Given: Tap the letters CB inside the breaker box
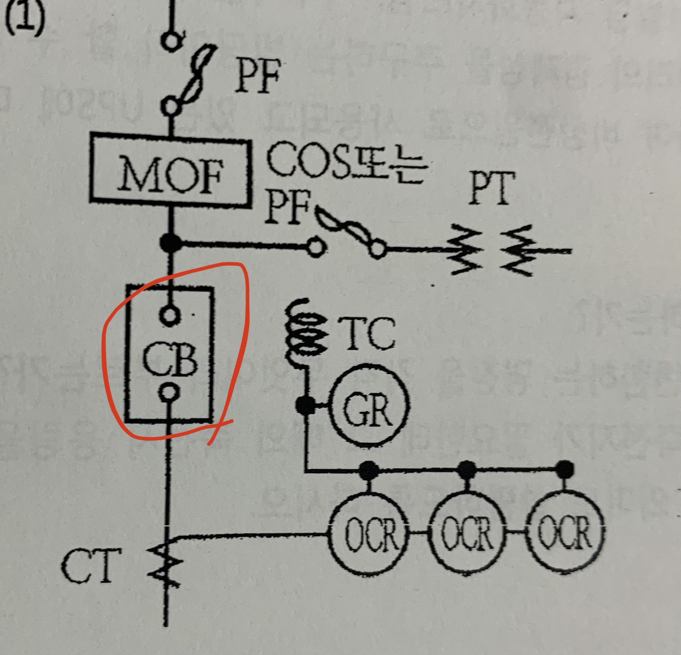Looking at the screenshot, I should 170,359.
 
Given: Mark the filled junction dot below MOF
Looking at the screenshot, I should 171,243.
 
